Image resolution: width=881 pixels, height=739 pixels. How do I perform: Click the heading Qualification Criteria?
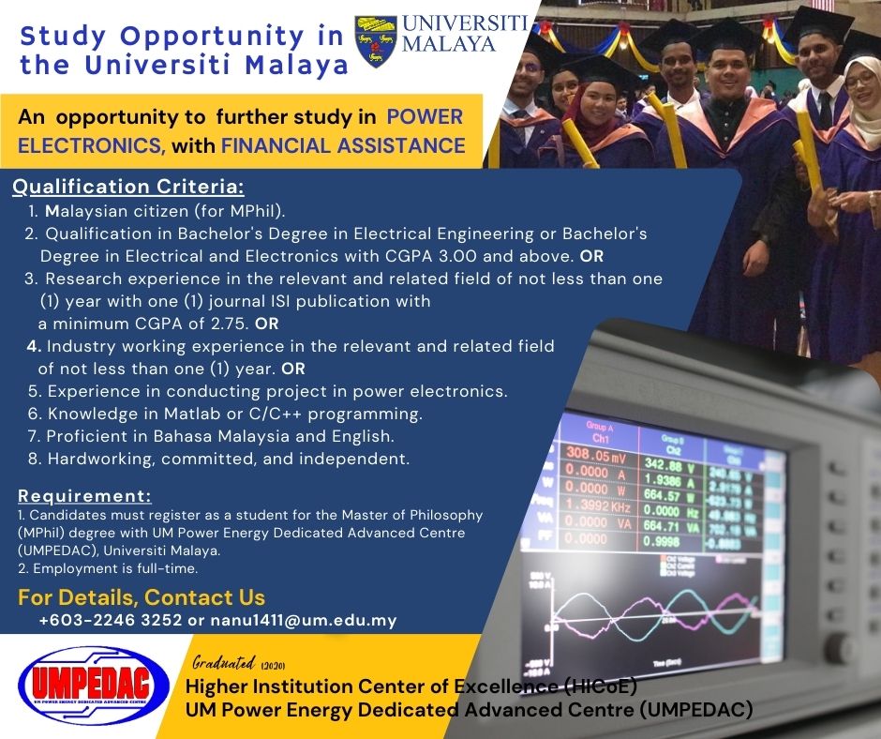pyautogui.click(x=127, y=188)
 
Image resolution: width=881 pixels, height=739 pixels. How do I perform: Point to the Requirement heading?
pyautogui.click(x=84, y=496)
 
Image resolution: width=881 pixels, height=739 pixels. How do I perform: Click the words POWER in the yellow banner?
pyautogui.click(x=426, y=117)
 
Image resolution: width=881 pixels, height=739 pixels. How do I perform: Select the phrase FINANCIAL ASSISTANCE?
pyautogui.click(x=343, y=145)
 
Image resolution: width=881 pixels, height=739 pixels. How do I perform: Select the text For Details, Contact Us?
pyautogui.click(x=142, y=597)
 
